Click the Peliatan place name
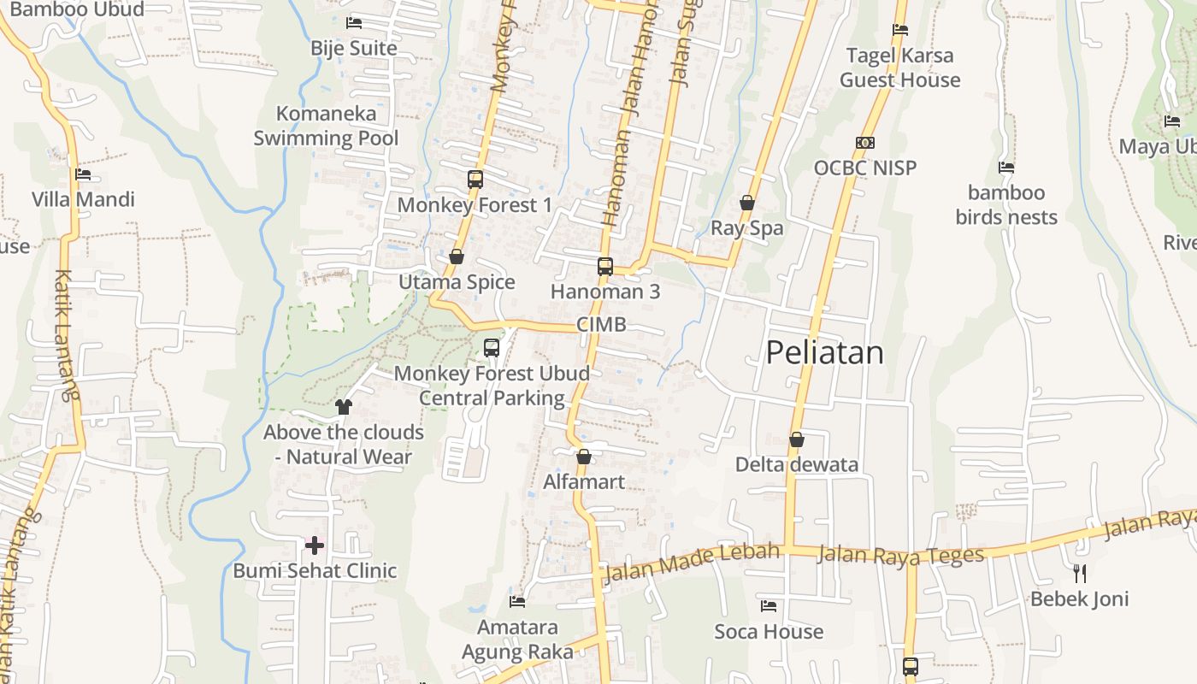(824, 352)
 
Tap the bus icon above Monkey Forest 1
(475, 180)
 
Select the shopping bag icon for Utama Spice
(457, 256)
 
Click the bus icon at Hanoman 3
(605, 266)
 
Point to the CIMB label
(601, 324)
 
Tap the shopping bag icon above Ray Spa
(747, 203)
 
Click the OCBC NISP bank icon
(865, 143)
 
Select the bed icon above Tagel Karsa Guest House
(900, 30)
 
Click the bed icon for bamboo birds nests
(1006, 168)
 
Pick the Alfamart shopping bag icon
(584, 457)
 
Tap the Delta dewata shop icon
(797, 439)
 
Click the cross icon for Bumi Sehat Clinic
(315, 545)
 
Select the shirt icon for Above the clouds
(344, 407)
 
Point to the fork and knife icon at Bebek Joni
(1080, 573)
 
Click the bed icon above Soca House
(769, 606)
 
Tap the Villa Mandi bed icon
(83, 174)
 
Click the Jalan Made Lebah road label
(692, 563)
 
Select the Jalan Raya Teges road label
(900, 555)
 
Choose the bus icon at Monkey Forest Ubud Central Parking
(492, 348)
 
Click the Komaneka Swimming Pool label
(326, 126)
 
